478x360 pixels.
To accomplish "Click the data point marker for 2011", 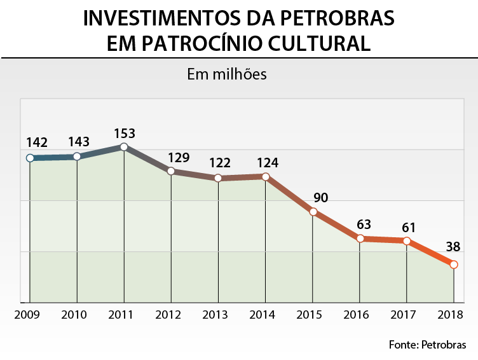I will [124, 147].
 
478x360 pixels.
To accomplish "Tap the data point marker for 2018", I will [454, 264].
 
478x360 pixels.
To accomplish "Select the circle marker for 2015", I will [313, 212].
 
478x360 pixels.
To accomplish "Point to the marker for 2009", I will [30, 158].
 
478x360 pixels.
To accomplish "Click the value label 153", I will [125, 134].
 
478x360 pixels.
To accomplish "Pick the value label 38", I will [453, 247].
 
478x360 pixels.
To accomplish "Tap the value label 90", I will [321, 197].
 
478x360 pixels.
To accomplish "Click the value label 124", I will [268, 163].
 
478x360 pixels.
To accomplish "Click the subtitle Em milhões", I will [226, 74].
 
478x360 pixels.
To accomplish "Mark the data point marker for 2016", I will [360, 239].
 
